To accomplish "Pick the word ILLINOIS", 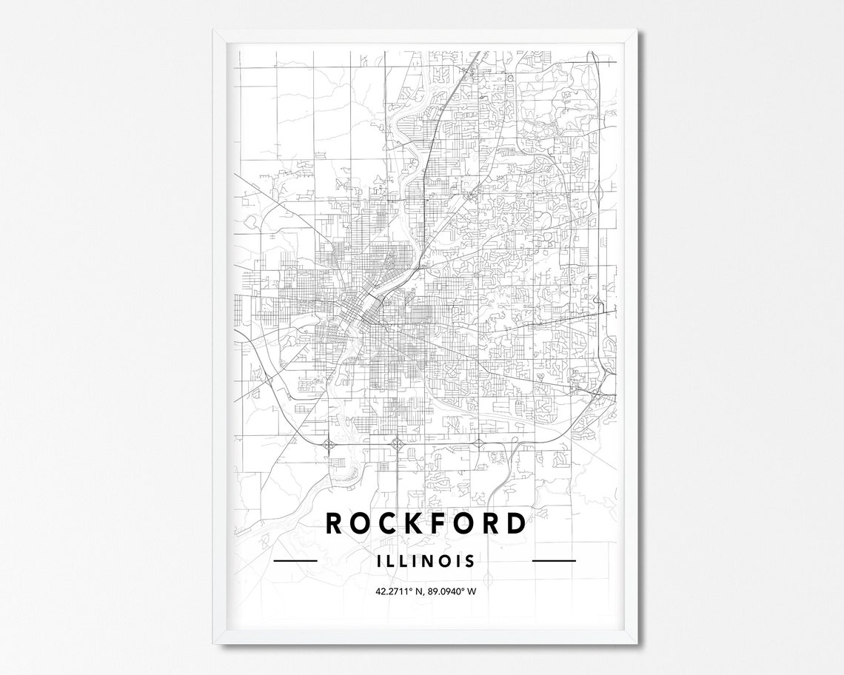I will (x=426, y=561).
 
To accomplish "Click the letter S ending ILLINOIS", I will (x=470, y=561).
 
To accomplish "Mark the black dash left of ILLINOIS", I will (x=295, y=561).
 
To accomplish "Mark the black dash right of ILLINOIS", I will (x=554, y=561).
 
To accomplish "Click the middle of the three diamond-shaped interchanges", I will (x=397, y=444).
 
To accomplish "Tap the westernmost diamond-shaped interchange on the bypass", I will (x=328, y=444).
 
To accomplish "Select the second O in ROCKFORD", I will (x=464, y=523).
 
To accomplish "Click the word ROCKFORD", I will (x=426, y=523).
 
